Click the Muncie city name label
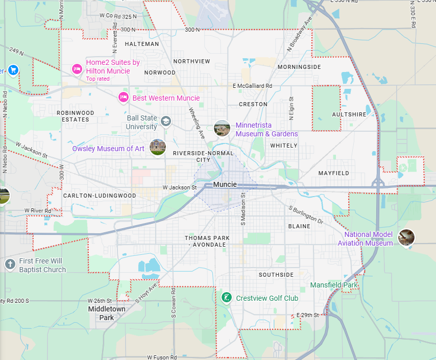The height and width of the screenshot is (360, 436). (x=225, y=184)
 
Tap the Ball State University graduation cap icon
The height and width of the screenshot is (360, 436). (x=165, y=122)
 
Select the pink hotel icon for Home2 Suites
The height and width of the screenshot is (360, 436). (x=77, y=69)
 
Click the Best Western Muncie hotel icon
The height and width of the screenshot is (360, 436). (x=123, y=97)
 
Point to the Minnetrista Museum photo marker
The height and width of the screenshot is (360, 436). (x=222, y=128)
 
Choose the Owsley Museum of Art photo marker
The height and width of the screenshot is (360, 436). (x=158, y=148)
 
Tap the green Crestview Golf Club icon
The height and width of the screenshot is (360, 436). (x=225, y=297)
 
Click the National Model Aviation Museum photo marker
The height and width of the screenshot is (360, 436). (x=406, y=237)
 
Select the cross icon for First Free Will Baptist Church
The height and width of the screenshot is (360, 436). (x=9, y=264)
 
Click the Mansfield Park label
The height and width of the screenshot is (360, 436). (x=335, y=285)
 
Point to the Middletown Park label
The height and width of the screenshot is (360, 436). (x=107, y=313)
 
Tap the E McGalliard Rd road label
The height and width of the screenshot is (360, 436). (x=252, y=86)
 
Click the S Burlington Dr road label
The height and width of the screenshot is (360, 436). (x=306, y=215)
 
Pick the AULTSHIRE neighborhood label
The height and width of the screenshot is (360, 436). (x=349, y=114)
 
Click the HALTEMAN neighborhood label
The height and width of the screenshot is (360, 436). (x=142, y=44)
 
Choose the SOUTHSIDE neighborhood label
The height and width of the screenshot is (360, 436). (x=276, y=275)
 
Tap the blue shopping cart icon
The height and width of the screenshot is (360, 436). (x=13, y=69)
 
